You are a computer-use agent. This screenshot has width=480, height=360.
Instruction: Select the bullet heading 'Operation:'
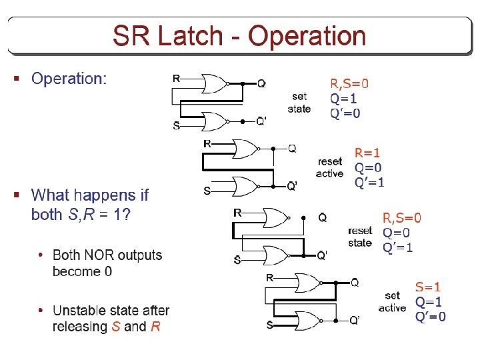coord(69,79)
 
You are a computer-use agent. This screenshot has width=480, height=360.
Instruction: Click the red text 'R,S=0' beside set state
coord(349,84)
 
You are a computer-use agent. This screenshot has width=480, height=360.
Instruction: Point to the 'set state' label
coord(299,102)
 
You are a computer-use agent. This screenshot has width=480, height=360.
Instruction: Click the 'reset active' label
coord(330,167)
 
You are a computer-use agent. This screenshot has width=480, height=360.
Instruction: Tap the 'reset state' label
coord(360,237)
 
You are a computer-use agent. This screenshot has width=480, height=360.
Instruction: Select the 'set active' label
coord(392,301)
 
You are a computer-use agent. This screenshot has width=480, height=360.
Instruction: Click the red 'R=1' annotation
coord(367,153)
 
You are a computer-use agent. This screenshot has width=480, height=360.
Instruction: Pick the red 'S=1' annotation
coord(428,287)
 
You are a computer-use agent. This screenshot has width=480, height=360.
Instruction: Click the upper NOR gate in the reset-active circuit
coord(244,148)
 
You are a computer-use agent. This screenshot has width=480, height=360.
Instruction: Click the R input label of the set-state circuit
coord(176,79)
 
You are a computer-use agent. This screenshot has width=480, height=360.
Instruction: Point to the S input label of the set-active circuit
coord(269,325)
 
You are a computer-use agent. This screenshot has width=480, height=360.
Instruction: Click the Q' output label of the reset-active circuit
coord(292,186)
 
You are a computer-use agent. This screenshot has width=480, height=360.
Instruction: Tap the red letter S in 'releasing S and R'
coord(116,327)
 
